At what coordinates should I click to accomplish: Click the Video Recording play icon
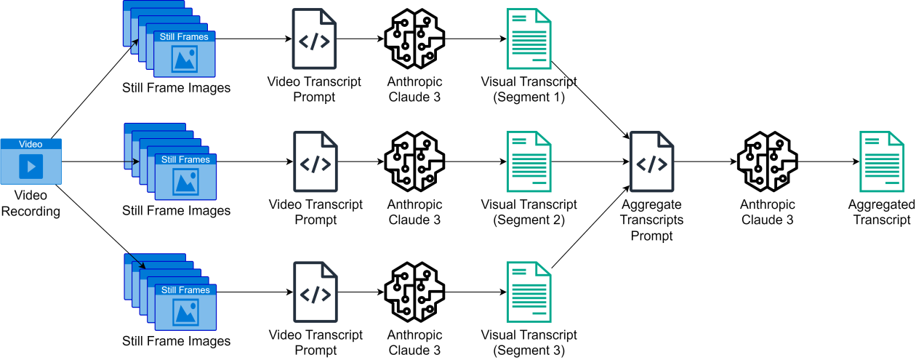click(x=31, y=167)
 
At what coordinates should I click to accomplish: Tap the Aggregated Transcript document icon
click(x=882, y=161)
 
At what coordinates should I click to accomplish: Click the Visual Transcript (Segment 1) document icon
click(x=528, y=38)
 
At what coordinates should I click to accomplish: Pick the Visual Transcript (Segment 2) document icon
click(x=529, y=161)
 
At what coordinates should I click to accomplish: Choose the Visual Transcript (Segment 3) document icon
click(x=529, y=292)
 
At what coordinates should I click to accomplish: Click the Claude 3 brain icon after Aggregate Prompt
click(x=767, y=161)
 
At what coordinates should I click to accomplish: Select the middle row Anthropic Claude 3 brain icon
click(x=414, y=161)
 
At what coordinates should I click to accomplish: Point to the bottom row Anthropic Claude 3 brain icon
click(x=414, y=292)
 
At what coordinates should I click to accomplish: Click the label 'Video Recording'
click(x=31, y=203)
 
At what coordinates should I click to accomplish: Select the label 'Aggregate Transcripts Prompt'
click(x=652, y=220)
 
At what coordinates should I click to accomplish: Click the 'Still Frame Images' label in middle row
click(x=176, y=211)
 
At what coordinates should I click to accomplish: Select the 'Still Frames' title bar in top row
click(x=184, y=36)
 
